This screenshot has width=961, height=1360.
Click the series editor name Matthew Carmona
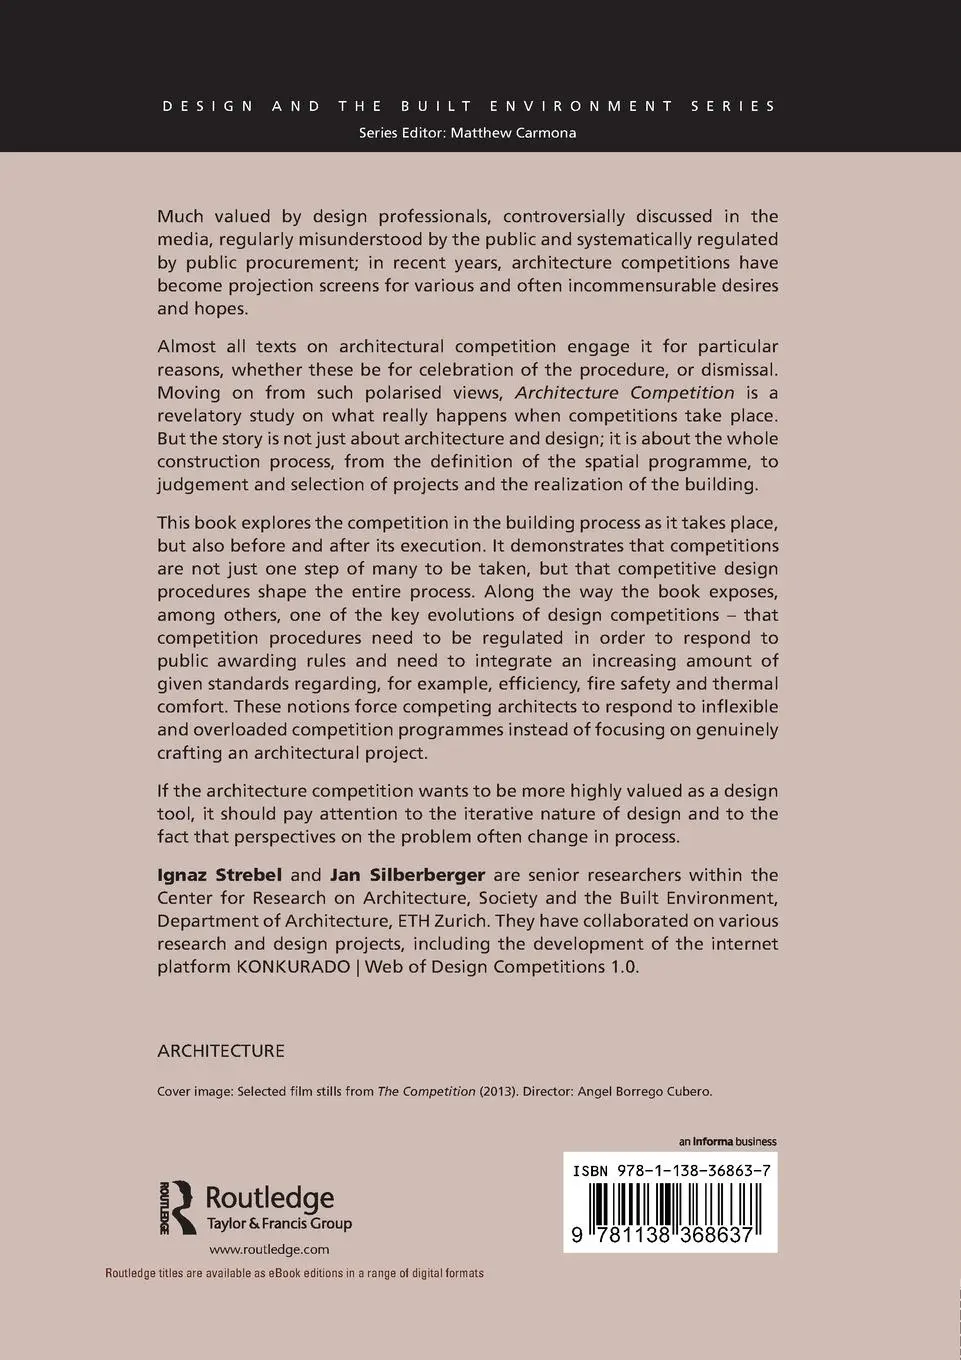tap(513, 133)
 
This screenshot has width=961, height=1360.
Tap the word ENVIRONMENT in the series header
tap(573, 105)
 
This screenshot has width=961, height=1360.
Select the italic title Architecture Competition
tap(624, 392)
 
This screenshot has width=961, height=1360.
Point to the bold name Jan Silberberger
tap(407, 875)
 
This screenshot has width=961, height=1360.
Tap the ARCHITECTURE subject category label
tap(221, 1051)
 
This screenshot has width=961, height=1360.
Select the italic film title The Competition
tap(426, 1092)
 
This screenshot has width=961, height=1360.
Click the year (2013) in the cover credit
tap(498, 1092)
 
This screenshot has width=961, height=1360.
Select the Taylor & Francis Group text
tap(279, 1224)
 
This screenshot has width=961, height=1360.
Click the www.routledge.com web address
tap(269, 1249)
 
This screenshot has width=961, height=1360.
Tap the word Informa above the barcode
tap(714, 1142)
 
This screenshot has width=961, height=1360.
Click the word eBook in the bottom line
tap(280, 1273)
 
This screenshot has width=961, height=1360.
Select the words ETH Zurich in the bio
tap(447, 921)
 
